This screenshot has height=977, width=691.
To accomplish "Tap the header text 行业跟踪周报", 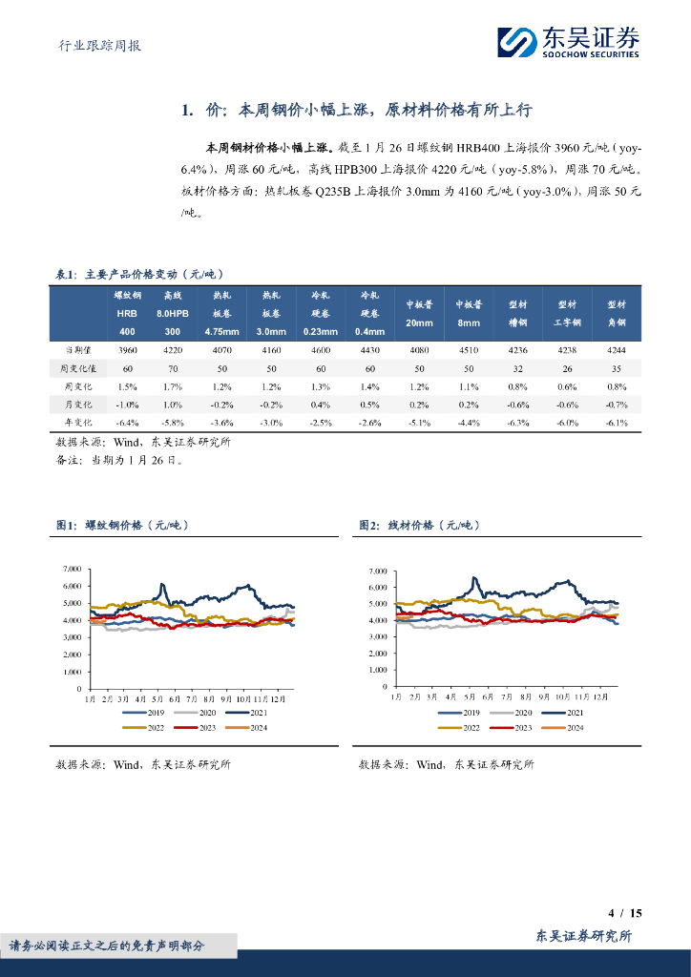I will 94,45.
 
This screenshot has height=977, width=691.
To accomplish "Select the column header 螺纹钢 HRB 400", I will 128,313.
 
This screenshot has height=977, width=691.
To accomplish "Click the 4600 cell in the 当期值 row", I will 320,350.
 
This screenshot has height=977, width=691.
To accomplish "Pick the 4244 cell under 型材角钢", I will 616,350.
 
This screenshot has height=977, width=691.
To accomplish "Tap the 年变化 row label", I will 77,421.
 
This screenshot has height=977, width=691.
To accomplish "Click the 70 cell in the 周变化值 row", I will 172,367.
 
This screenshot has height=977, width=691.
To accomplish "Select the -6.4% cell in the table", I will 128,421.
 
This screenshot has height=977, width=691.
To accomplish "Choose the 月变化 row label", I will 77,404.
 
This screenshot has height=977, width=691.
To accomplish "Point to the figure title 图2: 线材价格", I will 418,525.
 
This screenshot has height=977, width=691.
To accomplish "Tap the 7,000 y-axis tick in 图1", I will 72,570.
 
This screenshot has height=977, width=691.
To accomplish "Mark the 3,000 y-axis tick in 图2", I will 378,636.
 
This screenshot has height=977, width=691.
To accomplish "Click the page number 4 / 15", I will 624,913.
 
